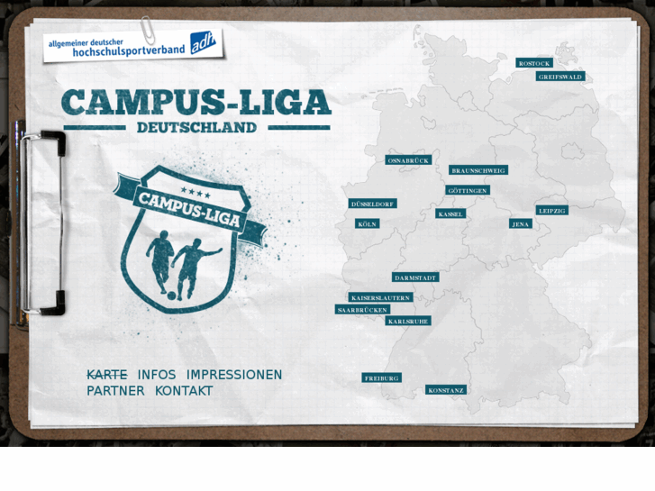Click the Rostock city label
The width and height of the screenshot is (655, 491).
[533, 63]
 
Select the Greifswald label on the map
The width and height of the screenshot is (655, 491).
[559, 77]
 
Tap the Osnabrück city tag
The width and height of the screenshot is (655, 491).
[408, 160]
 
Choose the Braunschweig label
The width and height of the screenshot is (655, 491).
[478, 170]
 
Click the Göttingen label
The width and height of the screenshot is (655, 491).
[468, 191]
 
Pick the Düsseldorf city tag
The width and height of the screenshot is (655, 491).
[373, 204]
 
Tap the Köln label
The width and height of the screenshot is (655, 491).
[367, 223]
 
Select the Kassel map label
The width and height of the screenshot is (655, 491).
[450, 214]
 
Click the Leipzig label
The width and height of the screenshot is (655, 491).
[552, 210]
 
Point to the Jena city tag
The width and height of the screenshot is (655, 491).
[521, 223]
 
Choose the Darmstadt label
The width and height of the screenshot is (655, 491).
[415, 277]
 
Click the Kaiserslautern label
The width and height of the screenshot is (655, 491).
[381, 297]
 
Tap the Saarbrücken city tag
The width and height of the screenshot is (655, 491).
[362, 309]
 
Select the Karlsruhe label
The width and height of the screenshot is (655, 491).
[408, 321]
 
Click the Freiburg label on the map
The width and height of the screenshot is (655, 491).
[381, 378]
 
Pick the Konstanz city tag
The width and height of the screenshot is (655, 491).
[446, 390]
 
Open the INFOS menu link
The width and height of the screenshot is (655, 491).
[157, 375]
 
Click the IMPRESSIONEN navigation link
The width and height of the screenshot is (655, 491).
[234, 375]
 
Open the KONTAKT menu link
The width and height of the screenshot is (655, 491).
[184, 391]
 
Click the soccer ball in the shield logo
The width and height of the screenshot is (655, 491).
[171, 295]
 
